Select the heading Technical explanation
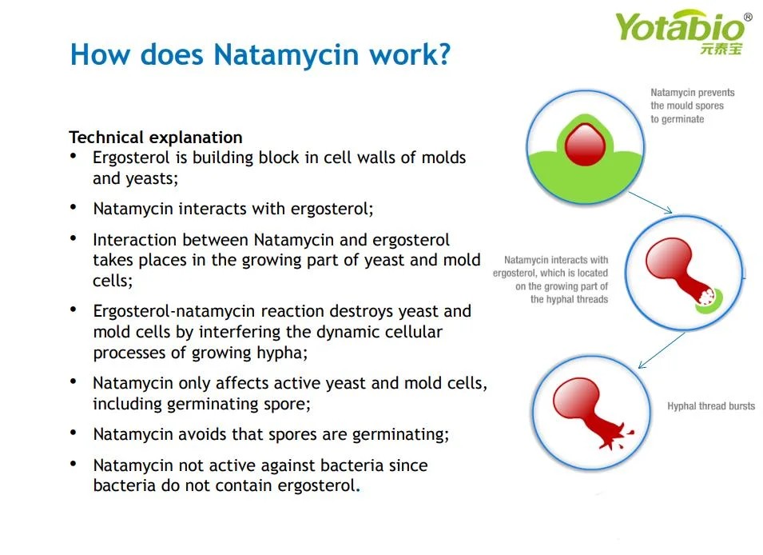(x=156, y=138)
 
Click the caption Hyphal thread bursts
(x=710, y=406)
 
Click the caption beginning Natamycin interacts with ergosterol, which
(x=550, y=279)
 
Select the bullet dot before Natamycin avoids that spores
(x=74, y=433)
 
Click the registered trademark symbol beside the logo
(x=748, y=17)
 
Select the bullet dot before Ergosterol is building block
(x=74, y=156)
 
